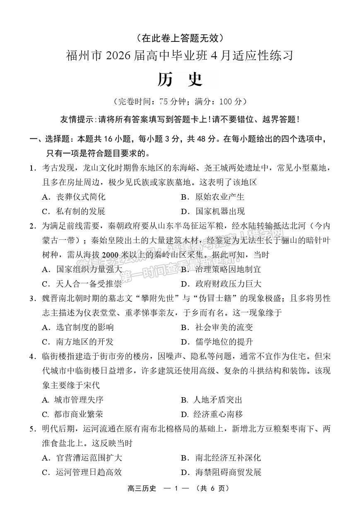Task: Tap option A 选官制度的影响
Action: pyautogui.click(x=78, y=327)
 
